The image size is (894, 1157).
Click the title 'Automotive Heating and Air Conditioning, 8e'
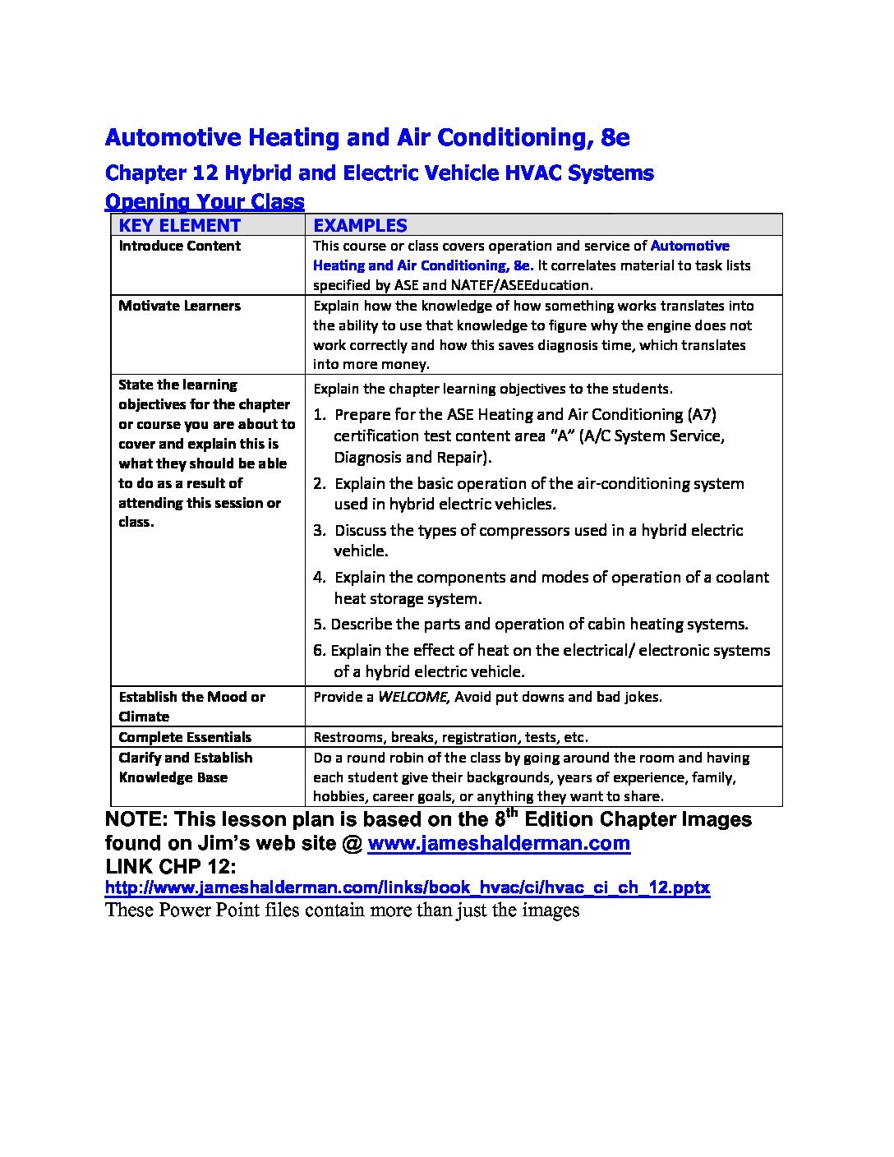click(x=367, y=137)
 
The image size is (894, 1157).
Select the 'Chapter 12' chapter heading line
click(x=379, y=173)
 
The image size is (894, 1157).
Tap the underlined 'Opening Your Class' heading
click(x=205, y=201)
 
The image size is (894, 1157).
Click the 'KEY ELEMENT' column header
click(x=179, y=225)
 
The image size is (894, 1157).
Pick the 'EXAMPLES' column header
click(x=360, y=225)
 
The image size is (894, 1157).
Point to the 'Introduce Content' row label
click(x=179, y=246)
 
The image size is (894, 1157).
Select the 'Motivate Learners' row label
click(x=179, y=306)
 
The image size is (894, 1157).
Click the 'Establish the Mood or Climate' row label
click(x=191, y=706)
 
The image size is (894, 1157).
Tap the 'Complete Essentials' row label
click(x=185, y=737)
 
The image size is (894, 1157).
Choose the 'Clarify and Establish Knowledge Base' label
click(x=185, y=767)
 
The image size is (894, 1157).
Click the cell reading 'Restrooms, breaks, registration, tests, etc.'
click(x=450, y=737)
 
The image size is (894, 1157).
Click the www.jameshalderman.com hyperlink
click(x=498, y=843)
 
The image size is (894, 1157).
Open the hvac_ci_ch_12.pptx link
click(x=407, y=887)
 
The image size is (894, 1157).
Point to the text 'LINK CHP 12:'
click(x=170, y=866)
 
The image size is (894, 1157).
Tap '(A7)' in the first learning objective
click(x=702, y=414)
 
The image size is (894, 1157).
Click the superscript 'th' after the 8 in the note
click(x=511, y=814)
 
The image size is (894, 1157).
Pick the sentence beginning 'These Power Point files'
click(x=342, y=910)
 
